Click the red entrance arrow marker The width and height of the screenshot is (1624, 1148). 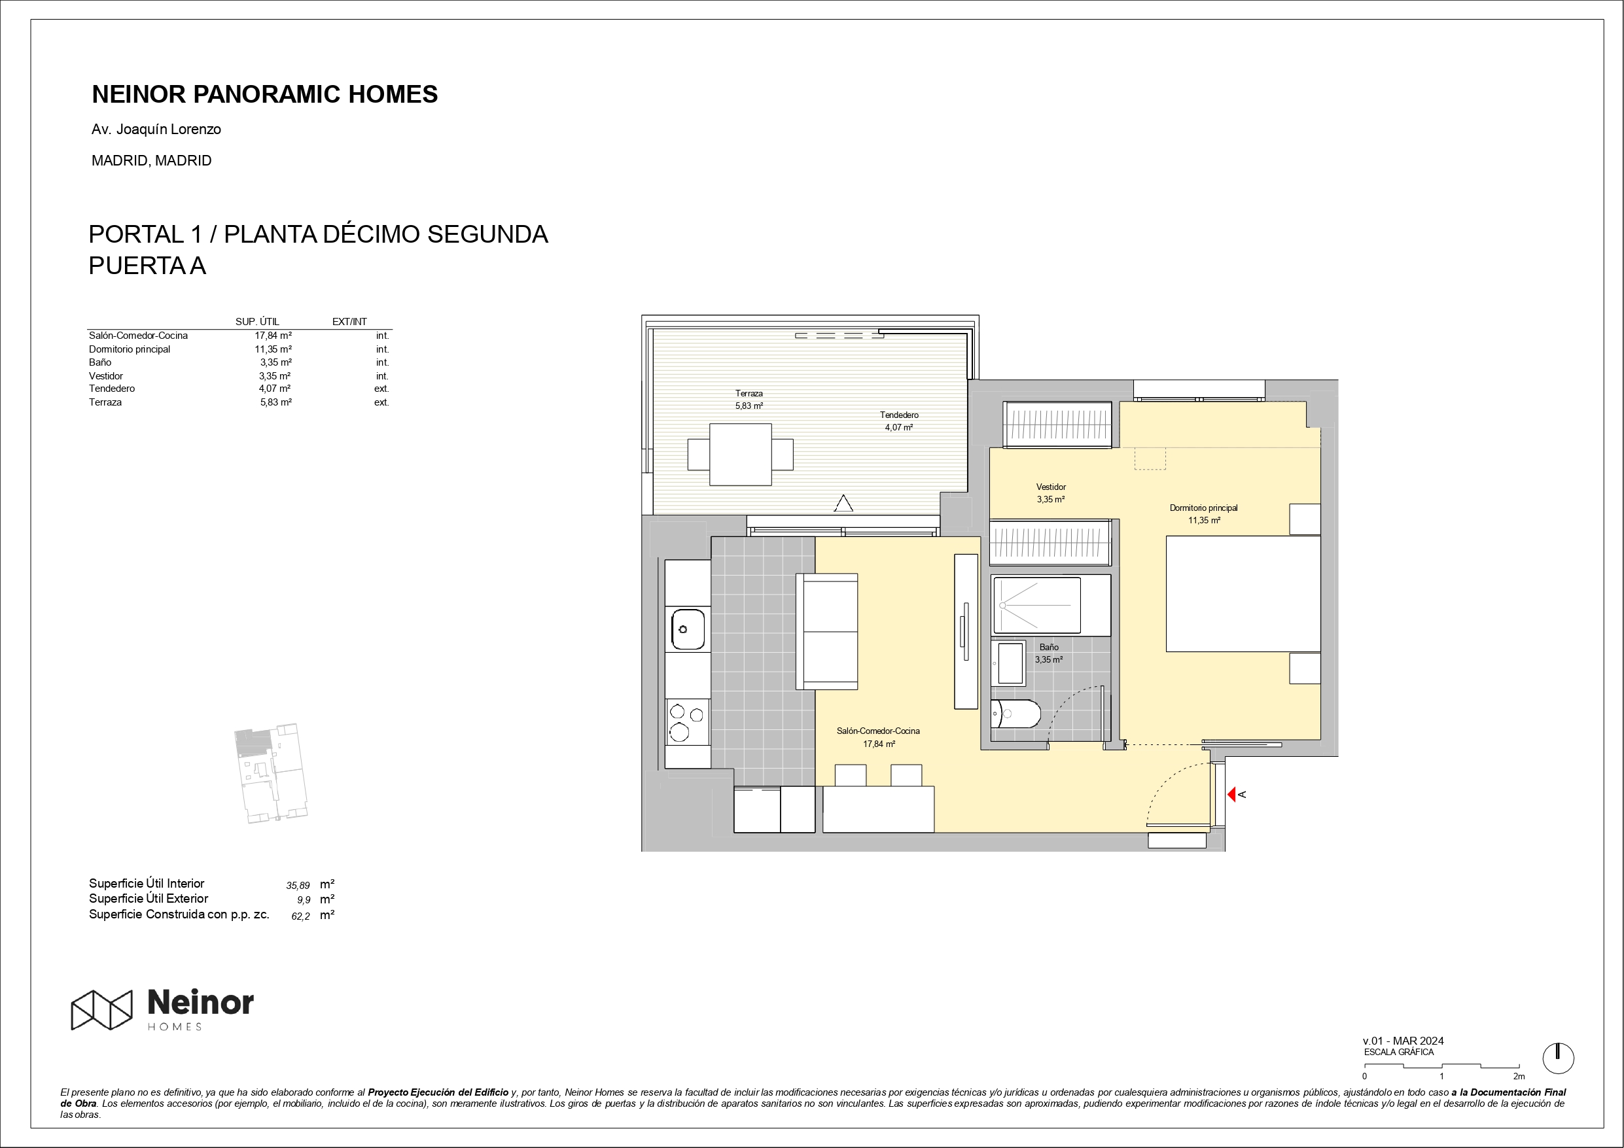tap(1231, 794)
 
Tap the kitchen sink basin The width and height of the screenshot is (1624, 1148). tap(688, 629)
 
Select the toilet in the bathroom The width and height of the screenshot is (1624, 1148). tap(1015, 714)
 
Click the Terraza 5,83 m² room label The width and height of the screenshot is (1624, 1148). tap(749, 400)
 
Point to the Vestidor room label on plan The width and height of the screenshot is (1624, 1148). tap(1051, 493)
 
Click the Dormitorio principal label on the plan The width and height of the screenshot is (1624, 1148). tap(1204, 514)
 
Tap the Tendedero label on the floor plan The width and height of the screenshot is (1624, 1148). tap(899, 421)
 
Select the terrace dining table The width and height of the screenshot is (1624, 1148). tap(741, 454)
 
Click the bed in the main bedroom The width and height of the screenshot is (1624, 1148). tap(1243, 593)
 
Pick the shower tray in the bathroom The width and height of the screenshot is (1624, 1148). tap(1037, 605)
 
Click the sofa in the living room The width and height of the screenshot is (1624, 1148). tap(827, 631)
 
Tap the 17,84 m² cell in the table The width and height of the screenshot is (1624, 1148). tap(273, 336)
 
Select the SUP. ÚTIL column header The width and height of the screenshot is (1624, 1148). tap(257, 322)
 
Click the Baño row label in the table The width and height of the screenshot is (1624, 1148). tap(99, 362)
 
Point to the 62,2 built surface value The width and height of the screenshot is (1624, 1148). tap(300, 916)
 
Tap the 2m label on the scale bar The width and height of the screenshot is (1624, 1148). tap(1519, 1076)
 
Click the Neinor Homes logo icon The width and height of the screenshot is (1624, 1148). tap(102, 1009)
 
